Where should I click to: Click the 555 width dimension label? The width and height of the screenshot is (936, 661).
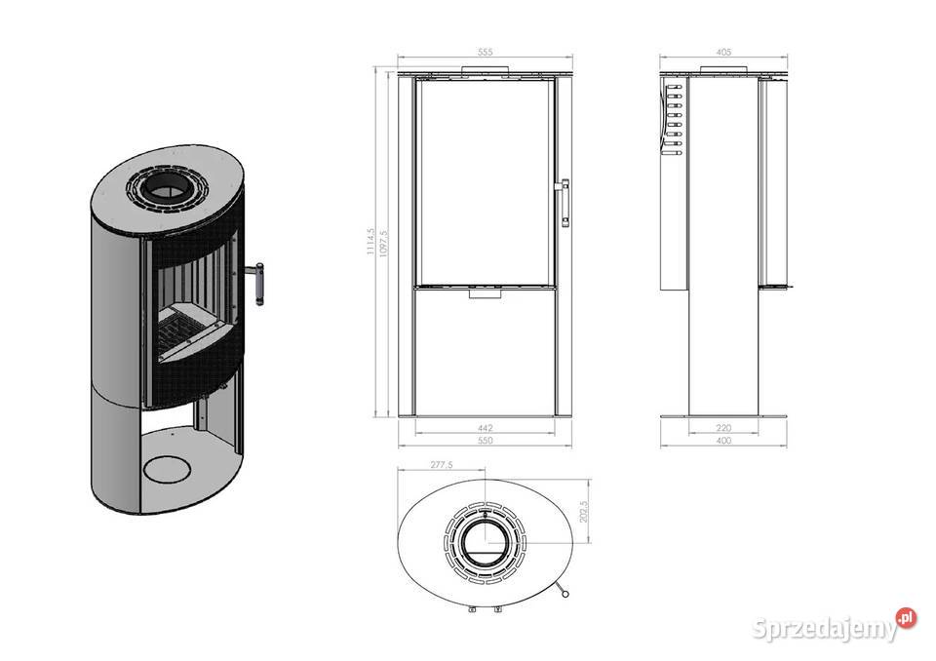pyautogui.click(x=486, y=52)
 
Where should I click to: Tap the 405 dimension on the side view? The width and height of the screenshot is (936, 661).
pyautogui.click(x=723, y=52)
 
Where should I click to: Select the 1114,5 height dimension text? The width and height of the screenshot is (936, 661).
pyautogui.click(x=370, y=241)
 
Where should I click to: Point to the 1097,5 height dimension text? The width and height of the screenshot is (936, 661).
pyautogui.click(x=383, y=244)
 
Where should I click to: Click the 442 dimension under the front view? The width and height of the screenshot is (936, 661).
pyautogui.click(x=486, y=428)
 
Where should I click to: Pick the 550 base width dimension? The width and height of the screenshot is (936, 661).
pyautogui.click(x=486, y=441)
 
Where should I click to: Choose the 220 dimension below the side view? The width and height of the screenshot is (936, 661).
pyautogui.click(x=723, y=428)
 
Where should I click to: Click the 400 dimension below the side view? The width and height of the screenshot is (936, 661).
pyautogui.click(x=723, y=441)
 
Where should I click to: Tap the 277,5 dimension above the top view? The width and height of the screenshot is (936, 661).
pyautogui.click(x=442, y=464)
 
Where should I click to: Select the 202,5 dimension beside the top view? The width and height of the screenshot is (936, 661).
pyautogui.click(x=584, y=511)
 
